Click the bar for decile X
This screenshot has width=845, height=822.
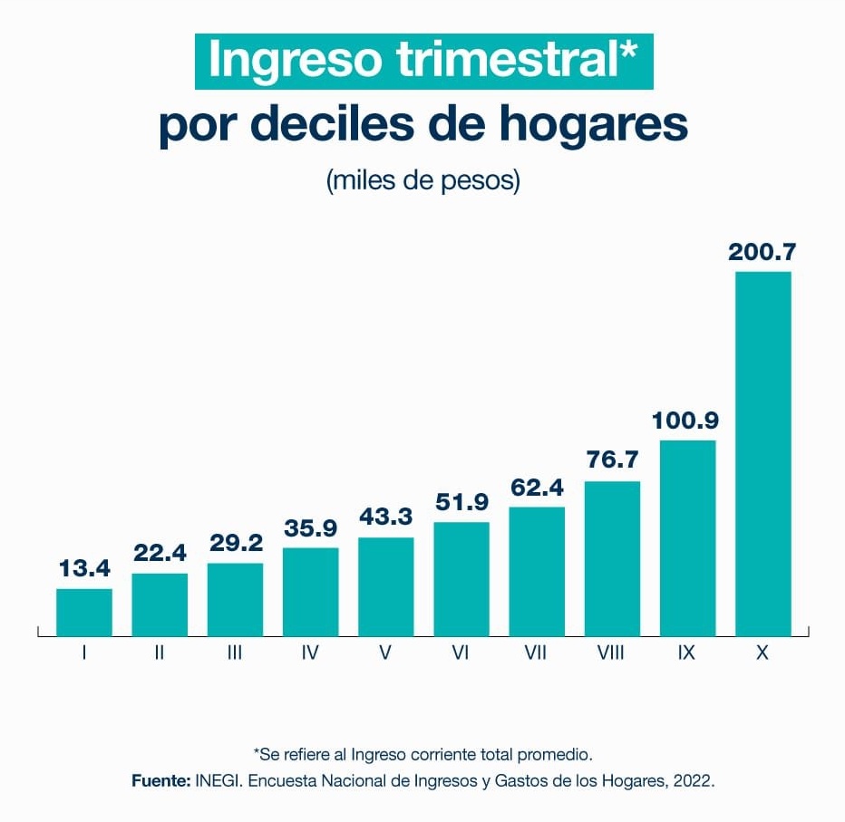click(762, 453)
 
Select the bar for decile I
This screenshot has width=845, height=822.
click(84, 613)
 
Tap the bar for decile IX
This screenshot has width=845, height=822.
click(687, 537)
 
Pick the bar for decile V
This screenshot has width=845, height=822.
click(386, 586)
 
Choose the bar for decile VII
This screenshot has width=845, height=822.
click(537, 571)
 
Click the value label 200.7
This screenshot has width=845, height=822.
click(762, 252)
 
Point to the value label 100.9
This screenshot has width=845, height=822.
click(687, 421)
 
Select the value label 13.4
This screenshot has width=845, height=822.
click(84, 569)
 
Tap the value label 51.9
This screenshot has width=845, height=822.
click(461, 502)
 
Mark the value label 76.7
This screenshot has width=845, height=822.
click(612, 460)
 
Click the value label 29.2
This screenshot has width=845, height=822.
click(235, 543)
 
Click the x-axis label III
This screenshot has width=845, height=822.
click(235, 653)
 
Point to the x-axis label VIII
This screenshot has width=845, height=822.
click(611, 653)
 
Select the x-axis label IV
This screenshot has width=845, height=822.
click(310, 653)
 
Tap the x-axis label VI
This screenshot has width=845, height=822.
click(461, 653)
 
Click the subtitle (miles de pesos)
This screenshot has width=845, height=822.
click(422, 179)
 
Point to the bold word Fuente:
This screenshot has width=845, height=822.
click(160, 780)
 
